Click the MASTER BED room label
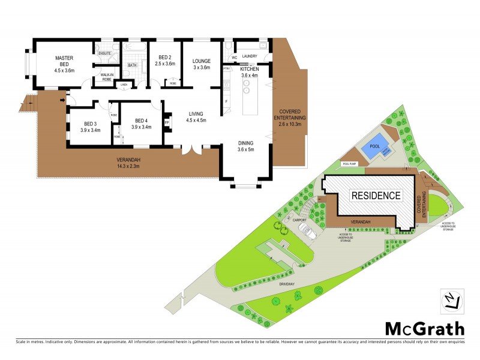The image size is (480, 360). pos(64,62)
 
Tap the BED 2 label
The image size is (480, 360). pos(164,59)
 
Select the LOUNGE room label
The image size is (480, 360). pos(201,61)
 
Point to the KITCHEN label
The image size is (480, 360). pos(248,69)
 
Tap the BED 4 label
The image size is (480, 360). pos(141,120)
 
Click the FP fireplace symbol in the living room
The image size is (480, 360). pos(167,122)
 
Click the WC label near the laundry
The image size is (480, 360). pos(235,58)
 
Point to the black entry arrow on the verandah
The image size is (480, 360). pos(62,100)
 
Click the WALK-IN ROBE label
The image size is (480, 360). pos(106,77)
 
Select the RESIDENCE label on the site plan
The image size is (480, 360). pos(376,195)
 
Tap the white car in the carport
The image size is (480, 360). pos(306,232)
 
